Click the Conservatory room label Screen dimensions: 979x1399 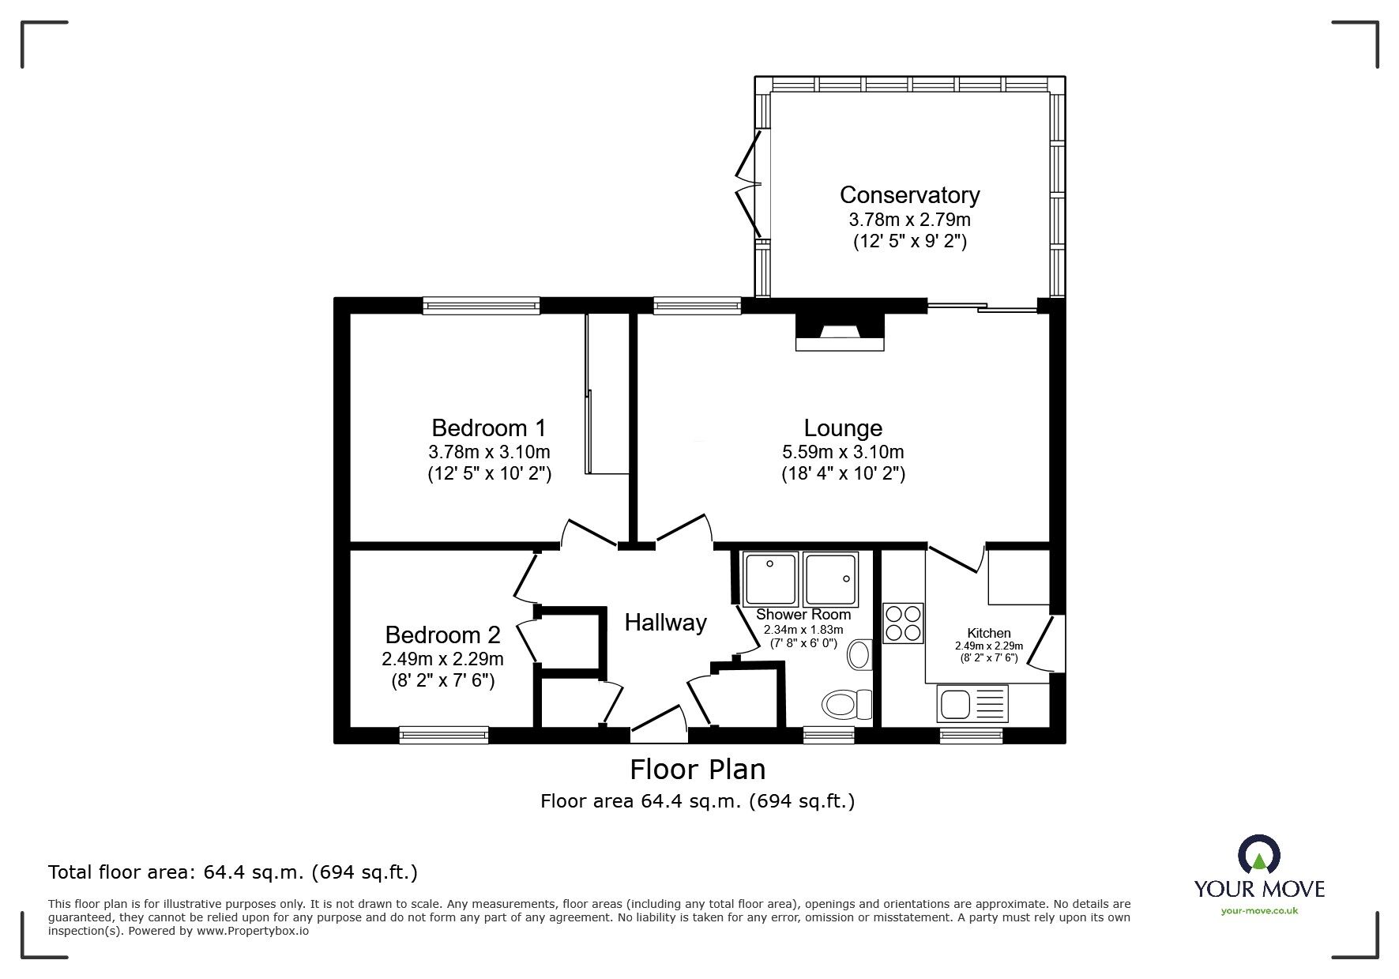click(x=909, y=194)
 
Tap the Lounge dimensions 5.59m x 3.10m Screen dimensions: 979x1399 click(x=843, y=453)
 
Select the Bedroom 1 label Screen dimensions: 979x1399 click(x=488, y=428)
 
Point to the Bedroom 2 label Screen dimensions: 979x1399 click(x=442, y=634)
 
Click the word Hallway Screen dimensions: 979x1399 click(x=665, y=623)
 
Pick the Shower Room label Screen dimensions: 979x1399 click(x=803, y=614)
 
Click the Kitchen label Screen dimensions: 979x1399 click(x=989, y=633)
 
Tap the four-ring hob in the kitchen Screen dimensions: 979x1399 click(x=903, y=623)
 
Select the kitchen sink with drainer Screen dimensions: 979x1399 click(x=972, y=702)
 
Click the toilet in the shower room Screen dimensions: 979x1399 click(x=845, y=702)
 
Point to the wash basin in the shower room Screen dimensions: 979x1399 click(x=858, y=655)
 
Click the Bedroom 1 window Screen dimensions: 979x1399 click(x=480, y=305)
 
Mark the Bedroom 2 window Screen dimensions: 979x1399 click(x=443, y=735)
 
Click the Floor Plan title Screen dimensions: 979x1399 click(x=697, y=769)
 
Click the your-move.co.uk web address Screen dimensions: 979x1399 click(x=1259, y=911)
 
